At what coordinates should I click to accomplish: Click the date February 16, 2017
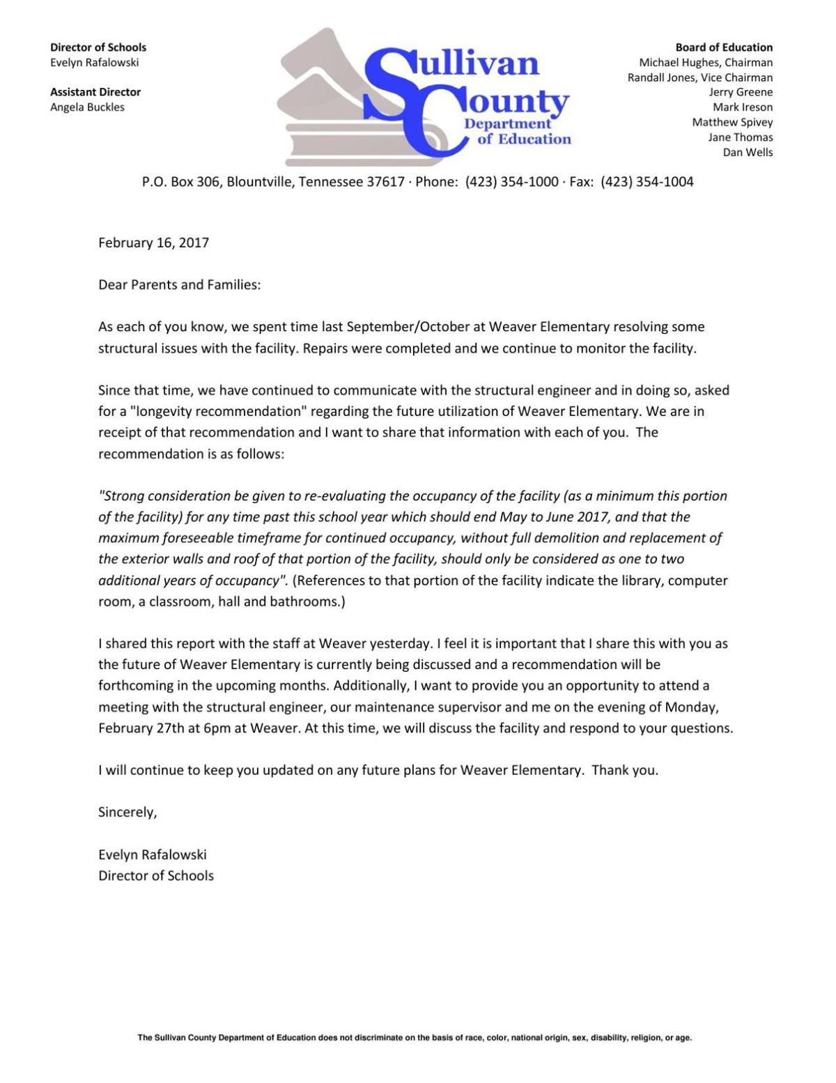click(153, 243)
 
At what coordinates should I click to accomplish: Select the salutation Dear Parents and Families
click(179, 285)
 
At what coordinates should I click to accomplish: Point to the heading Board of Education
click(724, 47)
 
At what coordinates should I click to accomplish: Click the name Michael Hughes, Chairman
click(706, 63)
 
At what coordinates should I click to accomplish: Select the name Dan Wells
click(748, 153)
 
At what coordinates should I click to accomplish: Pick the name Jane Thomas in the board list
click(740, 137)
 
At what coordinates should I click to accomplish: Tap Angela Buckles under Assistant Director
click(87, 107)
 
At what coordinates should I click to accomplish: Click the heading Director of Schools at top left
click(98, 47)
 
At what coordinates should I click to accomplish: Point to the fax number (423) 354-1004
click(647, 182)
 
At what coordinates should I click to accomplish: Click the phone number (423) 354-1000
click(511, 182)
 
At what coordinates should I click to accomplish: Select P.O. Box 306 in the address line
click(180, 182)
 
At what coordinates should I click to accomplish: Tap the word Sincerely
click(127, 813)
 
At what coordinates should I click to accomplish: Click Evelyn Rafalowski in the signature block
click(153, 854)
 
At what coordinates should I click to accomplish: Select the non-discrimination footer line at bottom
click(415, 1038)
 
